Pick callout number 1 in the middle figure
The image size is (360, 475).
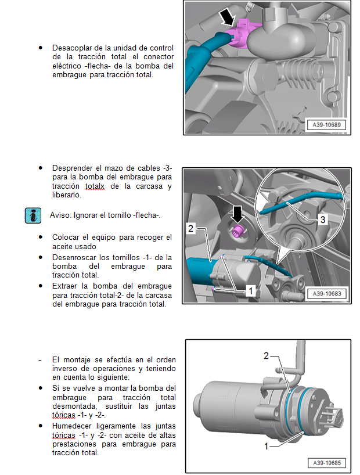point(250,289)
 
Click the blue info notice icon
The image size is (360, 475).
point(33,215)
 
